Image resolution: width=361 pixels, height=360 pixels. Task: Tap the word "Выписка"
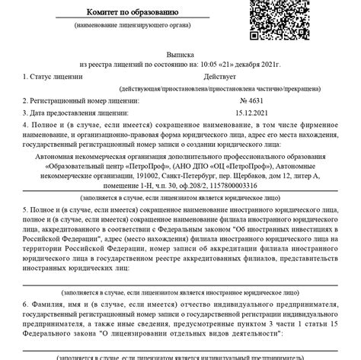[x=180, y=55]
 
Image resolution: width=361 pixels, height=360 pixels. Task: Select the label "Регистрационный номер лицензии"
[x=84, y=100]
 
